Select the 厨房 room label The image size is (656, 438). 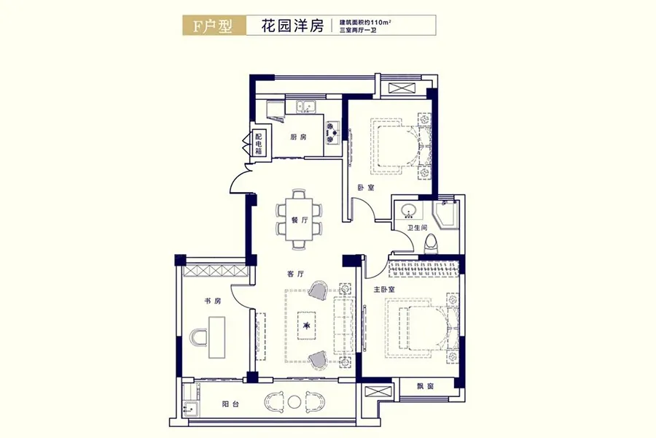click(297, 137)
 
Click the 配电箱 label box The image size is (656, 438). click(258, 143)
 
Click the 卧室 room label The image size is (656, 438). click(366, 188)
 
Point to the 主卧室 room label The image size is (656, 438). click(384, 289)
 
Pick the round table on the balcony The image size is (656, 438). click(295, 401)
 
